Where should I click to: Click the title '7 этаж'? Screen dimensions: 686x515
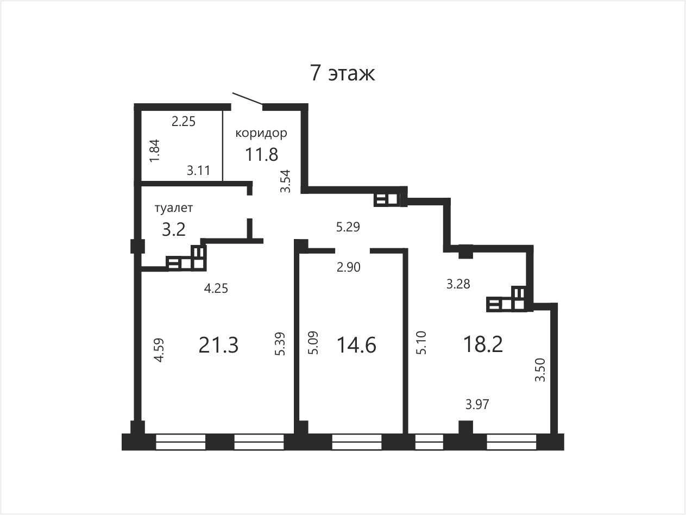click(342, 73)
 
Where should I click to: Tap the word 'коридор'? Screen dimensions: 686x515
click(261, 133)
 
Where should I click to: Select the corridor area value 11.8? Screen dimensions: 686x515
click(262, 154)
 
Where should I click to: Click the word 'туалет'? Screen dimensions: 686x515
click(174, 208)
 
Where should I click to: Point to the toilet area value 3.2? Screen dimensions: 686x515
click(174, 229)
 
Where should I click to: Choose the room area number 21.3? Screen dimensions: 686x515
click(218, 345)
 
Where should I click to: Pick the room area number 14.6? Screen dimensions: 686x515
click(357, 345)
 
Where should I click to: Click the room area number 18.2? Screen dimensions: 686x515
click(483, 344)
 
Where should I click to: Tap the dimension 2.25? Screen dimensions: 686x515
click(184, 121)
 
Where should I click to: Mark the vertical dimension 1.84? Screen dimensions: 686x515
click(155, 150)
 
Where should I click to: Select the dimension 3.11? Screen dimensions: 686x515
click(198, 171)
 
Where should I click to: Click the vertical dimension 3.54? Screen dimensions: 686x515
click(285, 181)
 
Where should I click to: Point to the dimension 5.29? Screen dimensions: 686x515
click(348, 227)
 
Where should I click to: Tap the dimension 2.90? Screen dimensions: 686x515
click(349, 267)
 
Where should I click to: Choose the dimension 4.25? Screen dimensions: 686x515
click(216, 288)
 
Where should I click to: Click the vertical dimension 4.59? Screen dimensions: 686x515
click(159, 350)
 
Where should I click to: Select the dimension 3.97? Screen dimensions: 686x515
click(477, 404)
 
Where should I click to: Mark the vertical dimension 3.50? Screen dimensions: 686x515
click(540, 370)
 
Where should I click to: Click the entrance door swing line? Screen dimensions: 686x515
click(247, 98)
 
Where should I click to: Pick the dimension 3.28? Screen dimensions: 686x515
click(458, 284)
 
